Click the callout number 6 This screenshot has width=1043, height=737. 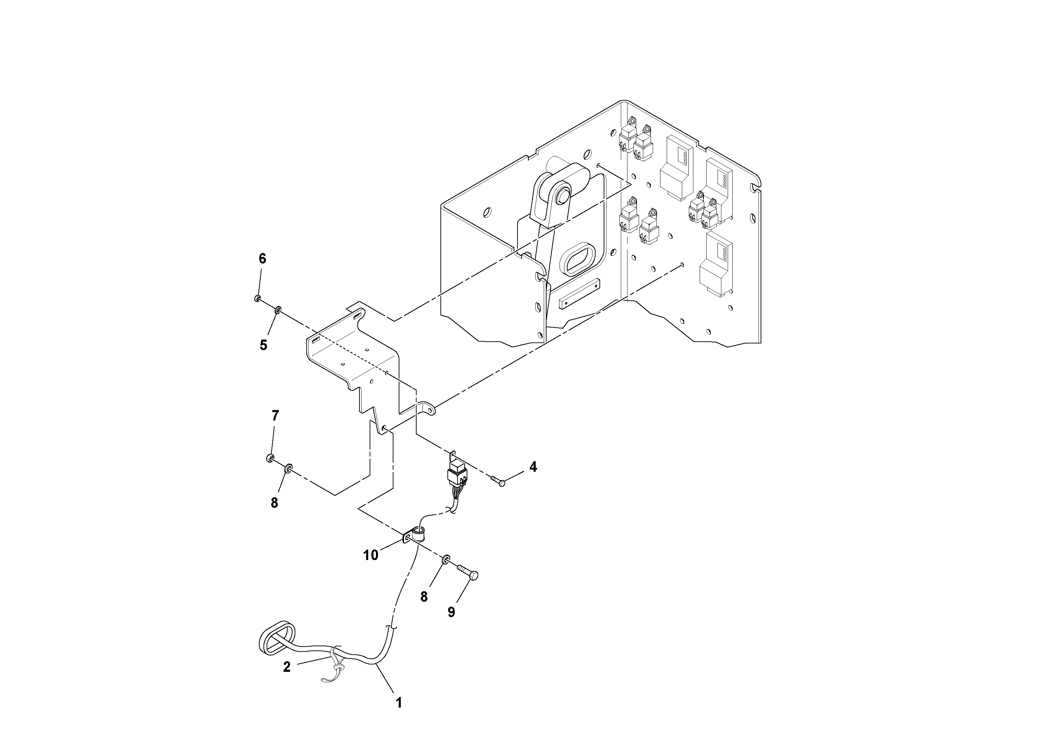[x=262, y=259]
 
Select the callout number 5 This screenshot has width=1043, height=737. [x=263, y=345]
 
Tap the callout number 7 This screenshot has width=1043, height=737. [x=275, y=415]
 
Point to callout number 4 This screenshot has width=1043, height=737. [x=533, y=467]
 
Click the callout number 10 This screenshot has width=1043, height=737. [x=371, y=555]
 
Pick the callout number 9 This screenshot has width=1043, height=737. [x=451, y=612]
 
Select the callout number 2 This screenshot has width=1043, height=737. [x=287, y=667]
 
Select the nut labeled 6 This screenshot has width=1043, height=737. [x=257, y=299]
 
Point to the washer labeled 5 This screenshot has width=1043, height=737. [x=277, y=310]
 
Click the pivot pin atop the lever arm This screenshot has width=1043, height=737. [x=564, y=196]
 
